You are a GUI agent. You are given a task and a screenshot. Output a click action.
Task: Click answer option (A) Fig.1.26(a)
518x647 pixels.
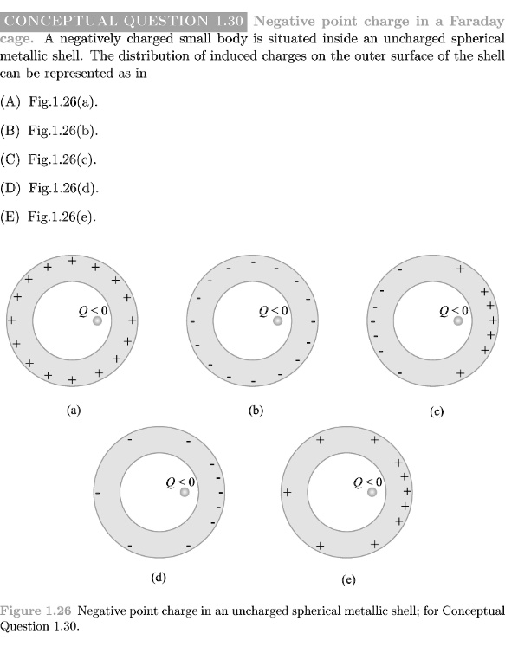(49, 101)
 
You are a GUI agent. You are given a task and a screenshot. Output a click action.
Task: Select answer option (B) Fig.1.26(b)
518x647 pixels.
(49, 131)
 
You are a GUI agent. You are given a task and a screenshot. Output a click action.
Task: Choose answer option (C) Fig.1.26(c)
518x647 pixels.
(49, 159)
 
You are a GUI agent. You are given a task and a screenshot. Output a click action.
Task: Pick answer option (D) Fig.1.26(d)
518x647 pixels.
(49, 188)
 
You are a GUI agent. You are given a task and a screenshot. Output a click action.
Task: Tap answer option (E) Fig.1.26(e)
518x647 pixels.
(49, 217)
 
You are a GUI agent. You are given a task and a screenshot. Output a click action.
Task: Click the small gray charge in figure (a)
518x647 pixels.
(97, 320)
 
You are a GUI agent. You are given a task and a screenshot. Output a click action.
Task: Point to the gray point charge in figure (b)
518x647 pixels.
(278, 320)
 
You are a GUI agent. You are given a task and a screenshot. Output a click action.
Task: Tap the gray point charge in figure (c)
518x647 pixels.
(458, 320)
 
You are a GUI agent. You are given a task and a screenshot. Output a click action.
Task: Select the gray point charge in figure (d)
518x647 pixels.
(185, 492)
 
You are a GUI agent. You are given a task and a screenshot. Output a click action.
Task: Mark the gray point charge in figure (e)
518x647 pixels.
(372, 492)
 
